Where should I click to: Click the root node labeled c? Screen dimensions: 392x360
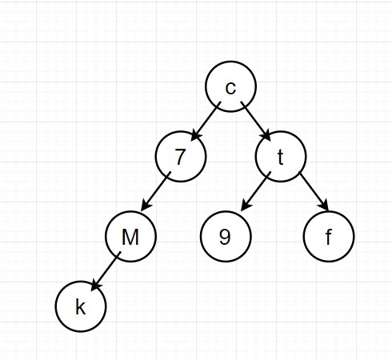pos(230,86)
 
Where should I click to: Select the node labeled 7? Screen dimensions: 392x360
pos(181,157)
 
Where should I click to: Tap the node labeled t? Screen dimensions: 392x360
pos(281,157)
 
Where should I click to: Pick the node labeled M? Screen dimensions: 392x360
pos(130,237)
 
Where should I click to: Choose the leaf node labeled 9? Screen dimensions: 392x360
pos(226,237)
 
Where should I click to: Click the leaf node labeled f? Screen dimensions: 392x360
pos(329,237)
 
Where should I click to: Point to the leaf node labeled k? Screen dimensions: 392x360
pos(81,306)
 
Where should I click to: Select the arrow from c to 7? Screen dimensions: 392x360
pos(206,121)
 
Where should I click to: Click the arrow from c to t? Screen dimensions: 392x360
pos(255,122)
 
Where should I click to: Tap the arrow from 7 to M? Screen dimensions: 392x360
pos(156,191)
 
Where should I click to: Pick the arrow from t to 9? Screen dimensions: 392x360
pos(256,191)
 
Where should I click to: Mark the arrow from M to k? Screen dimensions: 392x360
pos(106,271)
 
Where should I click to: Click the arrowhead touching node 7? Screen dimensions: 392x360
pos(196,136)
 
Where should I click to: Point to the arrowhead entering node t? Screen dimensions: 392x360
pos(266,136)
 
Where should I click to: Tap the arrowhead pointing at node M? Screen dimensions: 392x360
pos(146,206)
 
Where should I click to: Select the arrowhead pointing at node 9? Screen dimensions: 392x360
pos(246,206)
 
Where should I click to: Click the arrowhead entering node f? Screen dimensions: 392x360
pos(323,206)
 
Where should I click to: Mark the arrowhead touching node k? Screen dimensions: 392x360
pos(96,286)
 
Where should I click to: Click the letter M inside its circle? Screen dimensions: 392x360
pos(130,237)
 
